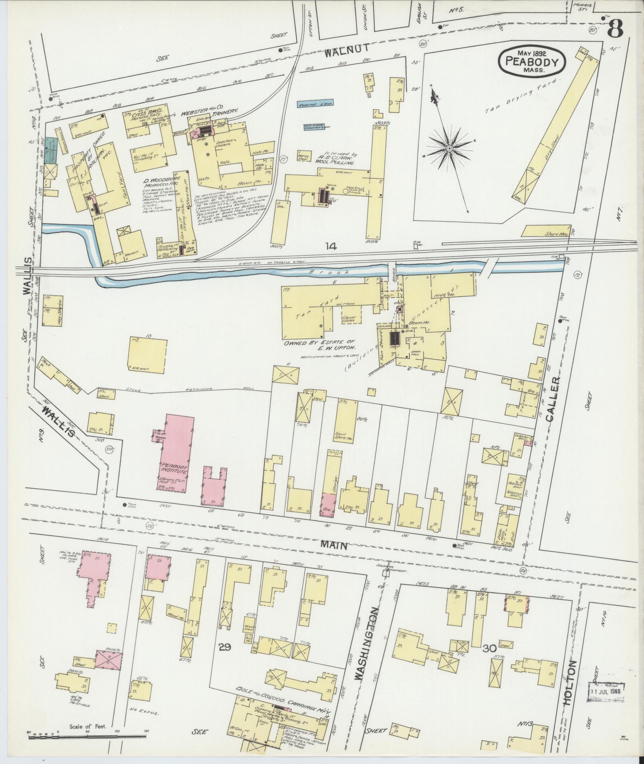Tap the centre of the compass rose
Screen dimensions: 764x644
click(449, 149)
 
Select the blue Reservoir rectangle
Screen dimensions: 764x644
click(315, 104)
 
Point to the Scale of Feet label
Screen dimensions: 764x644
click(87, 726)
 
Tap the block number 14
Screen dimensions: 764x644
click(331, 246)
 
